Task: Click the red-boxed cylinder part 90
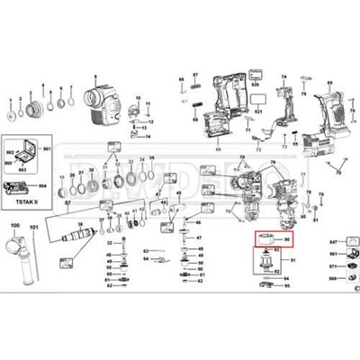(x=266, y=239)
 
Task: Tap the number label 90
(x=287, y=240)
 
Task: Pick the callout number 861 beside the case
(x=49, y=138)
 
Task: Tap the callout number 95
(x=285, y=290)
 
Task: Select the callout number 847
(x=308, y=243)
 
